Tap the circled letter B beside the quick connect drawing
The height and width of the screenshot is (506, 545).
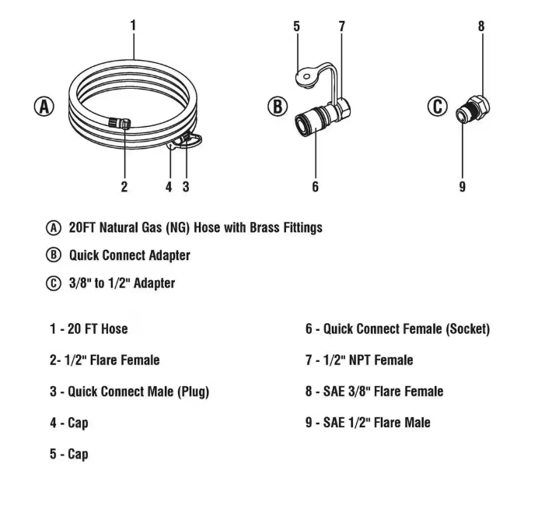[278, 107]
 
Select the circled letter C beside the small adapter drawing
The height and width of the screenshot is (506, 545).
[438, 107]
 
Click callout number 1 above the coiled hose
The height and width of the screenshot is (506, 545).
[133, 25]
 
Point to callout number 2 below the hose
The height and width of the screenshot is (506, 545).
[124, 187]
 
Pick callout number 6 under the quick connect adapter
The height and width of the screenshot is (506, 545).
[315, 187]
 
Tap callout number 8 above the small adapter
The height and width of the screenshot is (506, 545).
[481, 26]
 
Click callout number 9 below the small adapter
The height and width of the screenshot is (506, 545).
[463, 187]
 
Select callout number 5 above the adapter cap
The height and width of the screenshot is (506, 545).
[296, 26]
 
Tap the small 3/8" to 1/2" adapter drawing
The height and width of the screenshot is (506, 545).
[472, 109]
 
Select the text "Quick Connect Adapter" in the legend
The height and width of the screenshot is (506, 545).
[129, 255]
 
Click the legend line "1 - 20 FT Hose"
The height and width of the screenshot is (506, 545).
[89, 329]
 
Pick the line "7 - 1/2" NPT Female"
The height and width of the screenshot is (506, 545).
[358, 360]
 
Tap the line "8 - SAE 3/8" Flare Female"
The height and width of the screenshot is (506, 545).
[374, 392]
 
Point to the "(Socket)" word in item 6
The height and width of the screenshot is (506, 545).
[467, 329]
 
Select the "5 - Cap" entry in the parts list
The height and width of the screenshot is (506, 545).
[69, 454]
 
